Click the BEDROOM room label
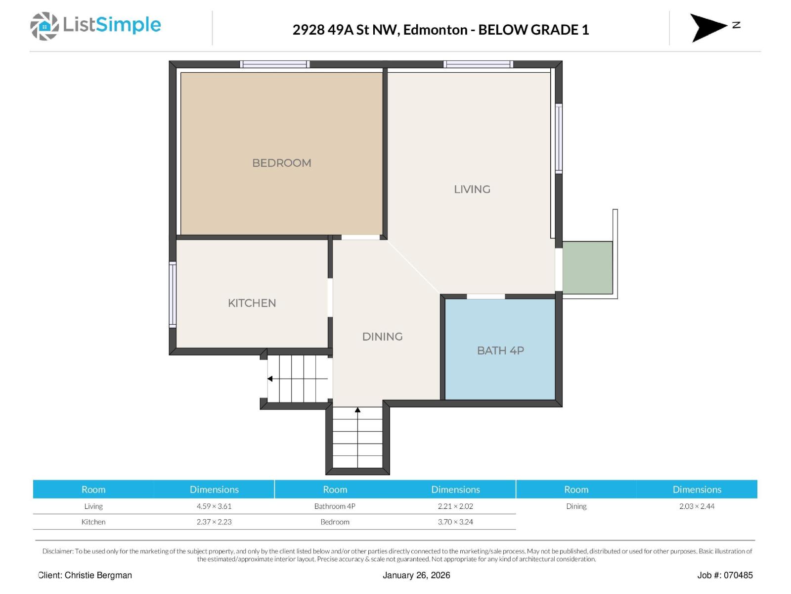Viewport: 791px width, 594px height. point(281,163)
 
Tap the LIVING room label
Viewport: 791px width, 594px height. point(472,189)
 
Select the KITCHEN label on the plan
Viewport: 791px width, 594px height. point(252,302)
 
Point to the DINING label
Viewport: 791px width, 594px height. point(382,336)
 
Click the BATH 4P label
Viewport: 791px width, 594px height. point(500,350)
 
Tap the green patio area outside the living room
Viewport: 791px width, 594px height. point(587,267)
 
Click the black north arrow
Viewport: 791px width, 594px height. point(708,27)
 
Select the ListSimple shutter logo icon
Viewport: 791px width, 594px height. point(44,26)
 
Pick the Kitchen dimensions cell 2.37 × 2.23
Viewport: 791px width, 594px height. point(214,522)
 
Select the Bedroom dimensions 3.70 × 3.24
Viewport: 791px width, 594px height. point(455,522)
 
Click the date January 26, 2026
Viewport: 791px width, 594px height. point(416,575)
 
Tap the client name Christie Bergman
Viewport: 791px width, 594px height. point(98,575)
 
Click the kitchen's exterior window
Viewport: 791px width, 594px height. point(173,295)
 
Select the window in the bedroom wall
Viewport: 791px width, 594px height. point(274,64)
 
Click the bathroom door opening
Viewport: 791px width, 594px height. point(486,297)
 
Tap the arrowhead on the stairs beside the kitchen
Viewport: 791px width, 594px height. point(269,379)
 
